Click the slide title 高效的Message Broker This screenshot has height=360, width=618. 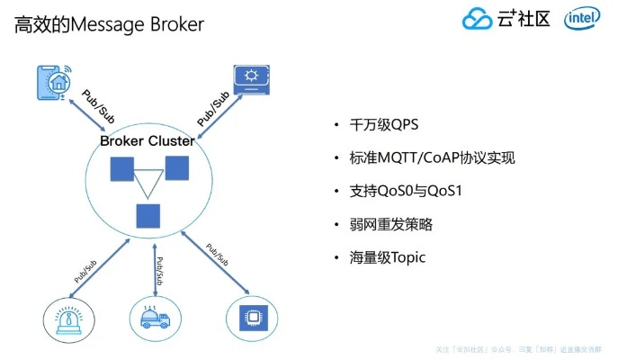109,24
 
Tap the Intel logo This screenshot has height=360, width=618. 583,19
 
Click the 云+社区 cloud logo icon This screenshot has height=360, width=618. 477,19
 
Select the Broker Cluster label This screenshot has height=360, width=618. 147,140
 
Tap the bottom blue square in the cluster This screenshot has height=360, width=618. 148,216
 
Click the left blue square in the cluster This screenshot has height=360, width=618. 121,169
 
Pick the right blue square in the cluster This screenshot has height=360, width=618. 176,167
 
